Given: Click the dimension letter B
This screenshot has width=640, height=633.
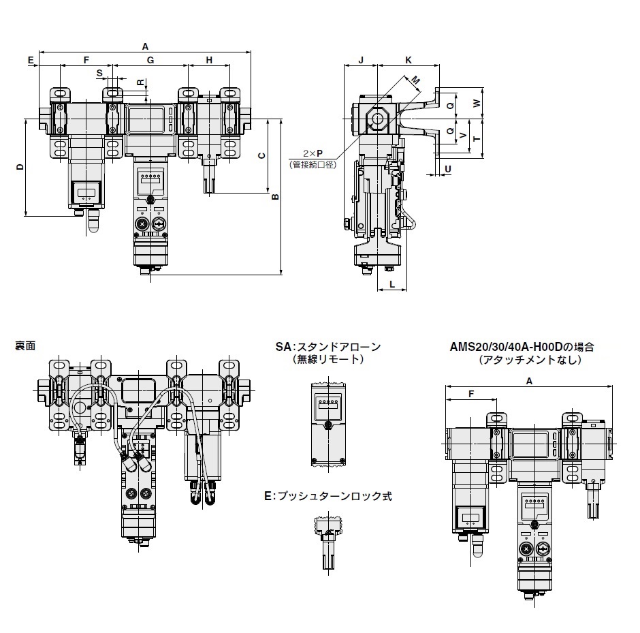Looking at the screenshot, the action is pos(275,196).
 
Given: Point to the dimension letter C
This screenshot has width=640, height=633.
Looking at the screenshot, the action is pos(262,155).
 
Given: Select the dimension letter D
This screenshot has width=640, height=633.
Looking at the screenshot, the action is pos(20,167).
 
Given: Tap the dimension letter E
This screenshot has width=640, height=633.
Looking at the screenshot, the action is pos(31,61).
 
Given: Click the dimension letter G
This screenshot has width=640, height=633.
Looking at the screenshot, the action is pos(150,61).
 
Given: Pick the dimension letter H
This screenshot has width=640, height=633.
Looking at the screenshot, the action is pos(209,61).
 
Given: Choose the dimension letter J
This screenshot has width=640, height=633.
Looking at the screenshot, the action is pos(361,61).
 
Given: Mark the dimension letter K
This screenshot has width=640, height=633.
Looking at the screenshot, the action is pos(408,61).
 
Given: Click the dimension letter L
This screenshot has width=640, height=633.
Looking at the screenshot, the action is pos(392,285).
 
